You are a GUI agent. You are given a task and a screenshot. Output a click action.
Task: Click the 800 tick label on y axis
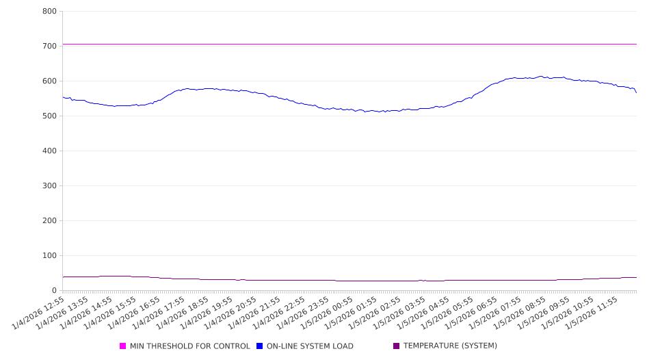[x=49, y=12]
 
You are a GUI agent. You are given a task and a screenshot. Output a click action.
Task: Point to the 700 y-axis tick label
[x=49, y=47]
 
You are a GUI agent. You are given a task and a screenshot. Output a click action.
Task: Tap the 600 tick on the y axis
[x=49, y=81]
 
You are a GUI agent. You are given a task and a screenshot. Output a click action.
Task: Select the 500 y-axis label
[x=49, y=116]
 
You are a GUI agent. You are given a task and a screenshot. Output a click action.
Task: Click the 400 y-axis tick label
[x=49, y=151]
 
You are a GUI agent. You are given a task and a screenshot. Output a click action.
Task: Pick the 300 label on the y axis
[x=49, y=186]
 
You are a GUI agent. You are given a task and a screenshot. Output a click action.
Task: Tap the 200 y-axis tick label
[x=49, y=221]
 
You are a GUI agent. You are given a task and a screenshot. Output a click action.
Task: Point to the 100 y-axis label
[x=49, y=256]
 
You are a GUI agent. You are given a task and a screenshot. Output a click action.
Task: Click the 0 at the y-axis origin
[x=54, y=291]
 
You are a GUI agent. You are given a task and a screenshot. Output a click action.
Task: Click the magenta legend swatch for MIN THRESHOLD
[x=123, y=346]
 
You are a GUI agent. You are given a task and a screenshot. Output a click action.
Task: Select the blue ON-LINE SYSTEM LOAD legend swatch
[x=260, y=346]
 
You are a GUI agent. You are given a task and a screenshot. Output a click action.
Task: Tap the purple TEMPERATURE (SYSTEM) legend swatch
[x=397, y=346]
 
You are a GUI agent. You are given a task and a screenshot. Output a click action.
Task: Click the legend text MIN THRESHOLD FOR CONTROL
[x=190, y=346]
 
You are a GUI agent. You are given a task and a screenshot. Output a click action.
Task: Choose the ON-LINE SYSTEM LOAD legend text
[x=310, y=346]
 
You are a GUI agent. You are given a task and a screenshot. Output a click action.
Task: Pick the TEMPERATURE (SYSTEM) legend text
[x=450, y=346]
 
